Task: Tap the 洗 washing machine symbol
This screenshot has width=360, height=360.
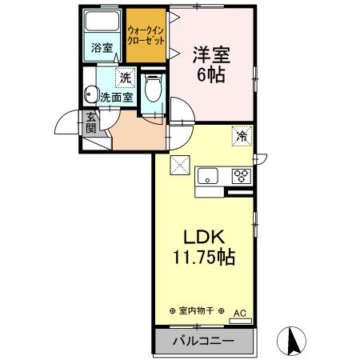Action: pyautogui.click(x=124, y=78)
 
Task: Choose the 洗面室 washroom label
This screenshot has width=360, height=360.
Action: pyautogui.click(x=117, y=98)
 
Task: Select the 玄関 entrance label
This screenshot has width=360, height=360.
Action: pyautogui.click(x=91, y=122)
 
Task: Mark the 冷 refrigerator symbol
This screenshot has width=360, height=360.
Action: pyautogui.click(x=240, y=136)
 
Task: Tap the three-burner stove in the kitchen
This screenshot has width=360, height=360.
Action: pyautogui.click(x=241, y=176)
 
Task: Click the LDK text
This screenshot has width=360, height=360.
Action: pyautogui.click(x=203, y=238)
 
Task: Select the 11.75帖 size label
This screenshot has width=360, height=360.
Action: pyautogui.click(x=203, y=259)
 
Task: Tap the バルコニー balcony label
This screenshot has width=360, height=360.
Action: pyautogui.click(x=203, y=341)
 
